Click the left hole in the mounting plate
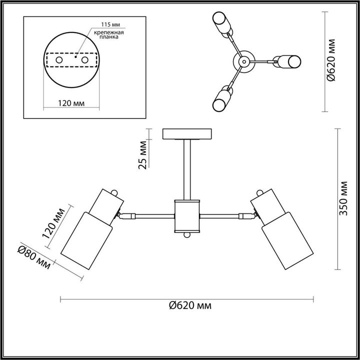point(59,60)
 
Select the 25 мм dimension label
point(143,156)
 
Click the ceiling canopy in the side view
point(187,134)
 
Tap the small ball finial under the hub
point(187,235)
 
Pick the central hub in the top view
point(244,61)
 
